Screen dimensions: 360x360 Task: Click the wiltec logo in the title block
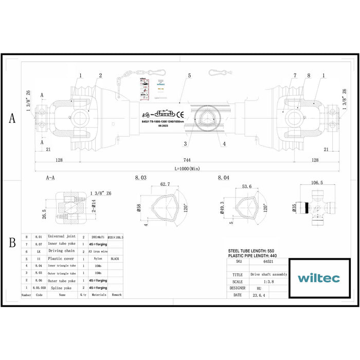tap(318, 278)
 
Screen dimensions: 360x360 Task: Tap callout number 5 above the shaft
tap(189, 76)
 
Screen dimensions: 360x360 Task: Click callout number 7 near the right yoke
tap(295, 76)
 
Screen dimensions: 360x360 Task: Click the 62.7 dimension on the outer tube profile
tap(165, 184)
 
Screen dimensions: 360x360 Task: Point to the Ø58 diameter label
tap(139, 208)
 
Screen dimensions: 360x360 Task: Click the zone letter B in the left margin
tap(12, 243)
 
